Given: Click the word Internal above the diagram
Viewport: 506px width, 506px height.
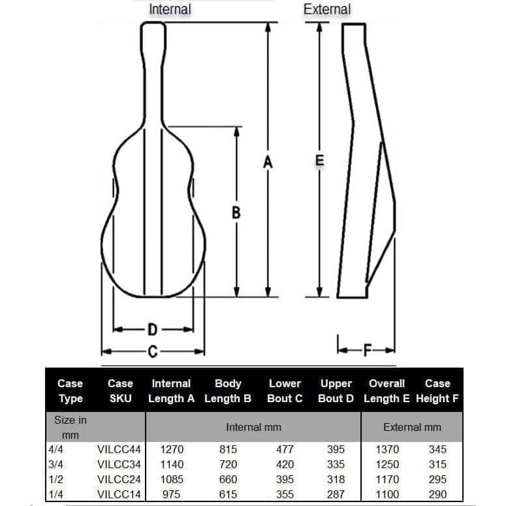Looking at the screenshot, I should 170,9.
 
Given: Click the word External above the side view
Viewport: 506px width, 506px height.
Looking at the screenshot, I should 326,9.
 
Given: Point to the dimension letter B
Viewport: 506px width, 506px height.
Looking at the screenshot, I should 236,212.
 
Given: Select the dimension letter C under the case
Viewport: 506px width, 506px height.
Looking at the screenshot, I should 152,352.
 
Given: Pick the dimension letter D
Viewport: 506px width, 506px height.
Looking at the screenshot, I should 151,329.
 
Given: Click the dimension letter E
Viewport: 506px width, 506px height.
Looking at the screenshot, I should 319,160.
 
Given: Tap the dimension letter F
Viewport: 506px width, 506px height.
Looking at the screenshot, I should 366,351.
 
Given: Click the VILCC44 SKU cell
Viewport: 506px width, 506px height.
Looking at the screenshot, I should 119,450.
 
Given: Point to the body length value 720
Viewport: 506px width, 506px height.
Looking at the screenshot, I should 228,465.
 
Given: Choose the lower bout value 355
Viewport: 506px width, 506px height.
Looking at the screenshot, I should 285,494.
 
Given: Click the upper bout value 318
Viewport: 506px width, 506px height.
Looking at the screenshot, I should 336,479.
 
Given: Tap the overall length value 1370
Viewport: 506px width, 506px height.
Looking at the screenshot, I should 387,450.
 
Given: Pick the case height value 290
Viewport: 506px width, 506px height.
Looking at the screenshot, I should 437,494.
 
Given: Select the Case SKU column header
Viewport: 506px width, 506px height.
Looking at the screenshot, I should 120,391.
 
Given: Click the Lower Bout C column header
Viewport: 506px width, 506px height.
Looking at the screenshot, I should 285,391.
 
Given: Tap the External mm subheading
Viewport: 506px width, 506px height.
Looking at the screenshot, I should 412,427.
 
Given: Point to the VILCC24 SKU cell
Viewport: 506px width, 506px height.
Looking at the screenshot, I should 119,479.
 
